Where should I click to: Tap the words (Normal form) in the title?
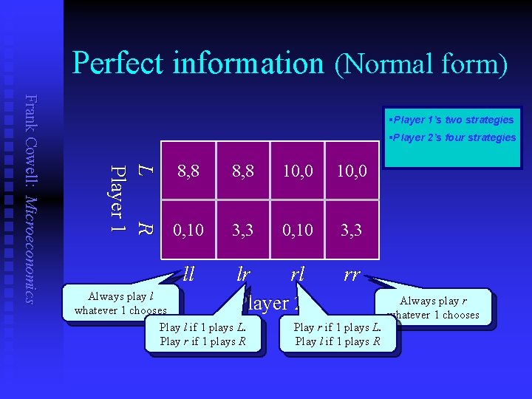(421, 65)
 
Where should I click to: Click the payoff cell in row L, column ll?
(188, 171)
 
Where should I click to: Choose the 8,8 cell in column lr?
(243, 171)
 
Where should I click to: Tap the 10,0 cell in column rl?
(298, 171)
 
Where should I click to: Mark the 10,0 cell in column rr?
(352, 171)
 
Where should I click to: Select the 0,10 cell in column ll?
(188, 231)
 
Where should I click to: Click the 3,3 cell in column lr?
(243, 231)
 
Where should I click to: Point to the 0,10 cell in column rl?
(298, 231)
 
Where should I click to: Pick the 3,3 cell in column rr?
(352, 231)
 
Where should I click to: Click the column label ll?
(188, 275)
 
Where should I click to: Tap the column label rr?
(352, 275)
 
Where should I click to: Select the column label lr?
(243, 275)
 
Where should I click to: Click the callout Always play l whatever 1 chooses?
(120, 304)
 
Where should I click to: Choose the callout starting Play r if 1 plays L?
(338, 334)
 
